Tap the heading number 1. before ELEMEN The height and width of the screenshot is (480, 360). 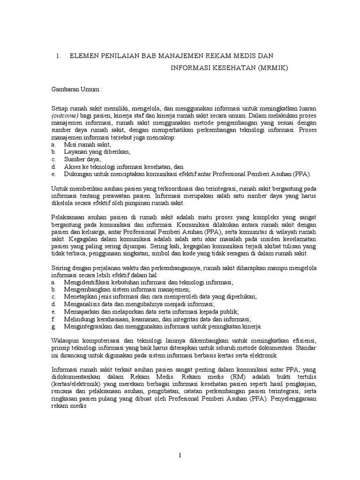[58, 56]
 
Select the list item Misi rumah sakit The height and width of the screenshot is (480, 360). [88, 145]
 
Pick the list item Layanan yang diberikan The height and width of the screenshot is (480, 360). [97, 152]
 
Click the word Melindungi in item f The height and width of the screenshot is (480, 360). [80, 319]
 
